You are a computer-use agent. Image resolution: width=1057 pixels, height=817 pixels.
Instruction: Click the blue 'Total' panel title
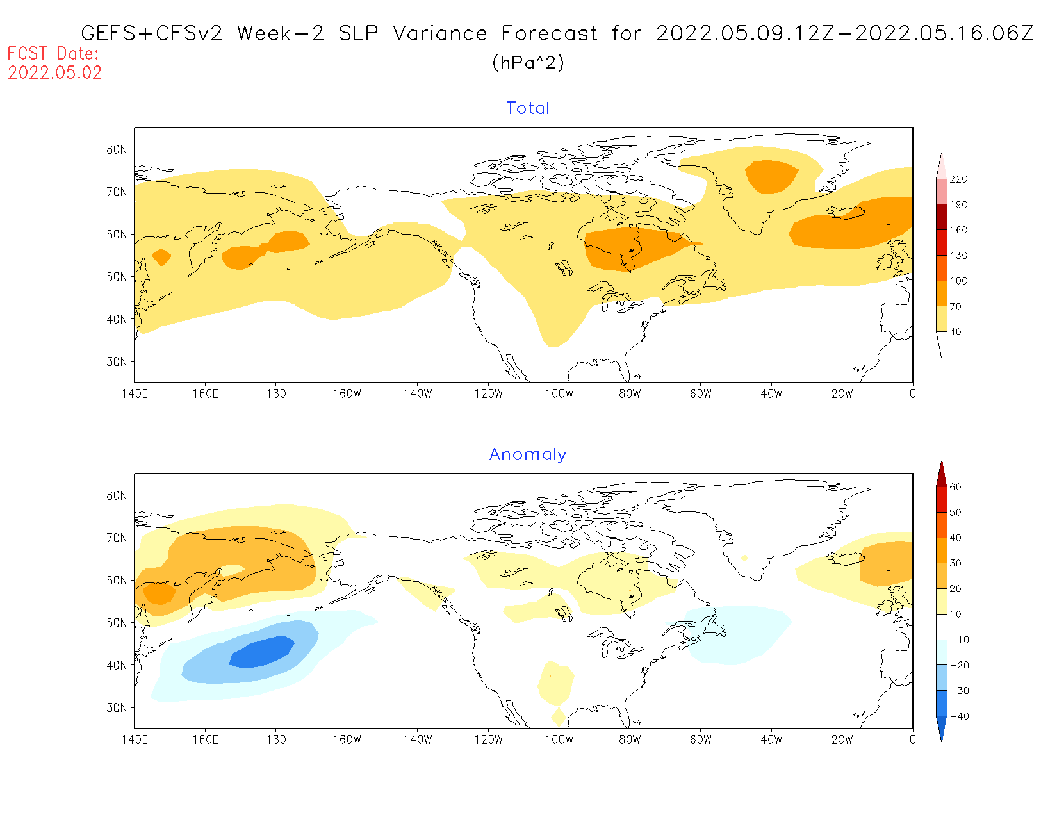pyautogui.click(x=528, y=108)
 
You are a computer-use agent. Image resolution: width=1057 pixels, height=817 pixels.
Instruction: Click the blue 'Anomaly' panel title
pyautogui.click(x=528, y=454)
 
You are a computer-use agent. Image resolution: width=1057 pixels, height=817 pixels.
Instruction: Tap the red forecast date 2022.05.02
pyautogui.click(x=55, y=72)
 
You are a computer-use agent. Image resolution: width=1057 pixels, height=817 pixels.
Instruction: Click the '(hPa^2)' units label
pyautogui.click(x=528, y=63)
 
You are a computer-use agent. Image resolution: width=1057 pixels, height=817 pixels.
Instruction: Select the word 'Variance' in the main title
pyautogui.click(x=440, y=33)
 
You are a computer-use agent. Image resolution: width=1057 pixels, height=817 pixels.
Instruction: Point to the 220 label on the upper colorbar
pyautogui.click(x=958, y=179)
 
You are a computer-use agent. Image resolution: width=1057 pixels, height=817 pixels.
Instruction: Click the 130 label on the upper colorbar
pyautogui.click(x=958, y=256)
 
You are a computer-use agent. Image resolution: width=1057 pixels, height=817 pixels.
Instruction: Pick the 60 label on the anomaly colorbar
pyautogui.click(x=955, y=487)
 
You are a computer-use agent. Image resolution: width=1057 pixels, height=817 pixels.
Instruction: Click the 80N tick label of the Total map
pyautogui.click(x=117, y=149)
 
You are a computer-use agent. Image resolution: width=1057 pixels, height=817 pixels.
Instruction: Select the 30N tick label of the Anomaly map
pyautogui.click(x=117, y=707)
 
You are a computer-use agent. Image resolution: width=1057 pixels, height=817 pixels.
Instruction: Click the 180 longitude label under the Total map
pyautogui.click(x=276, y=393)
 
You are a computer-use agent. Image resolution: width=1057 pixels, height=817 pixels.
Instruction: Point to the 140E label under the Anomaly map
pyautogui.click(x=135, y=739)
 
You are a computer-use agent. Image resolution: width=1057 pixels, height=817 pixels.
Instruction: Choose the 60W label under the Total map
pyautogui.click(x=701, y=393)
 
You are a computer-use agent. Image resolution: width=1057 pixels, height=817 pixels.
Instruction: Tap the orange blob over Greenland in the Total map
pyautogui.click(x=771, y=176)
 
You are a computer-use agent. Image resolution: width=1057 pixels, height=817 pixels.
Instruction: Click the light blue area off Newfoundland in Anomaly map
pyautogui.click(x=737, y=634)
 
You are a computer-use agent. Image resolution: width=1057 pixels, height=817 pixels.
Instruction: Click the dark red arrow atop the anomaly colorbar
pyautogui.click(x=941, y=474)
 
